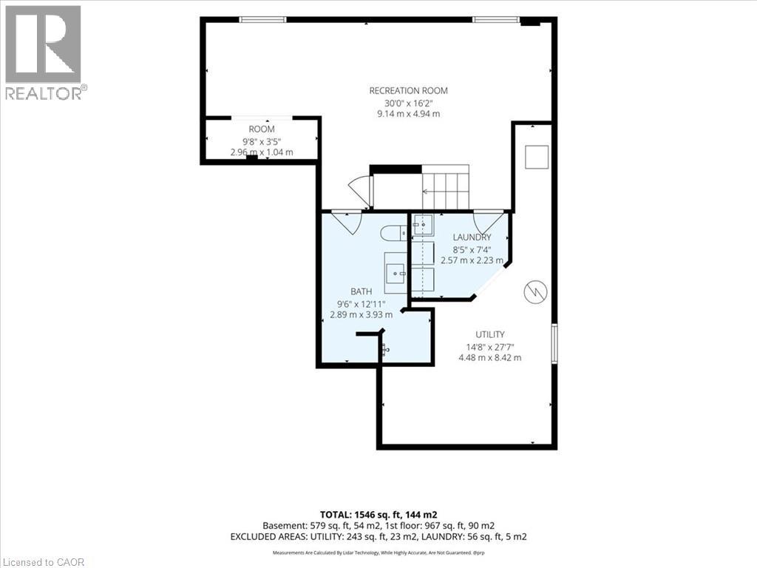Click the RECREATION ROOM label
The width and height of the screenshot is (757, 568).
pyautogui.click(x=408, y=91)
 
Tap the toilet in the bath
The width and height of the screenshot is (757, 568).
pyautogui.click(x=394, y=233)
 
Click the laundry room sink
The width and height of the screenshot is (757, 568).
pyautogui.click(x=423, y=224)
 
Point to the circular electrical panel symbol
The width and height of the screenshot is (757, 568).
pyautogui.click(x=536, y=291)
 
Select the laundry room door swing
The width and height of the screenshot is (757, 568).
pyautogui.click(x=488, y=222)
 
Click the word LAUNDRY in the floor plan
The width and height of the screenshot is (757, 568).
pyautogui.click(x=472, y=237)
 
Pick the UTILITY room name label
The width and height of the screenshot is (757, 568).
pyautogui.click(x=490, y=334)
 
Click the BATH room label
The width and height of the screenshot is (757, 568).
pyautogui.click(x=361, y=291)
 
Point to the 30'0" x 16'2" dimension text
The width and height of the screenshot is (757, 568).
pyautogui.click(x=408, y=103)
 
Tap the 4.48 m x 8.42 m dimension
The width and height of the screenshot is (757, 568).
pyautogui.click(x=489, y=358)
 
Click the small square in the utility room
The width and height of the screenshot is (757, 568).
pyautogui.click(x=537, y=157)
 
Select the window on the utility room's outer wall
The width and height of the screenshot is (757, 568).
pyautogui.click(x=554, y=343)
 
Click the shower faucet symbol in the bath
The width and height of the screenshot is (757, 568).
pyautogui.click(x=384, y=349)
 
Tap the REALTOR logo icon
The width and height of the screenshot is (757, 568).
pyautogui.click(x=43, y=44)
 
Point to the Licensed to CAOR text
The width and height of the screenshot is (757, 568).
pyautogui.click(x=42, y=562)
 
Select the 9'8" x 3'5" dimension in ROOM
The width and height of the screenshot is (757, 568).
pyautogui.click(x=262, y=141)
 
